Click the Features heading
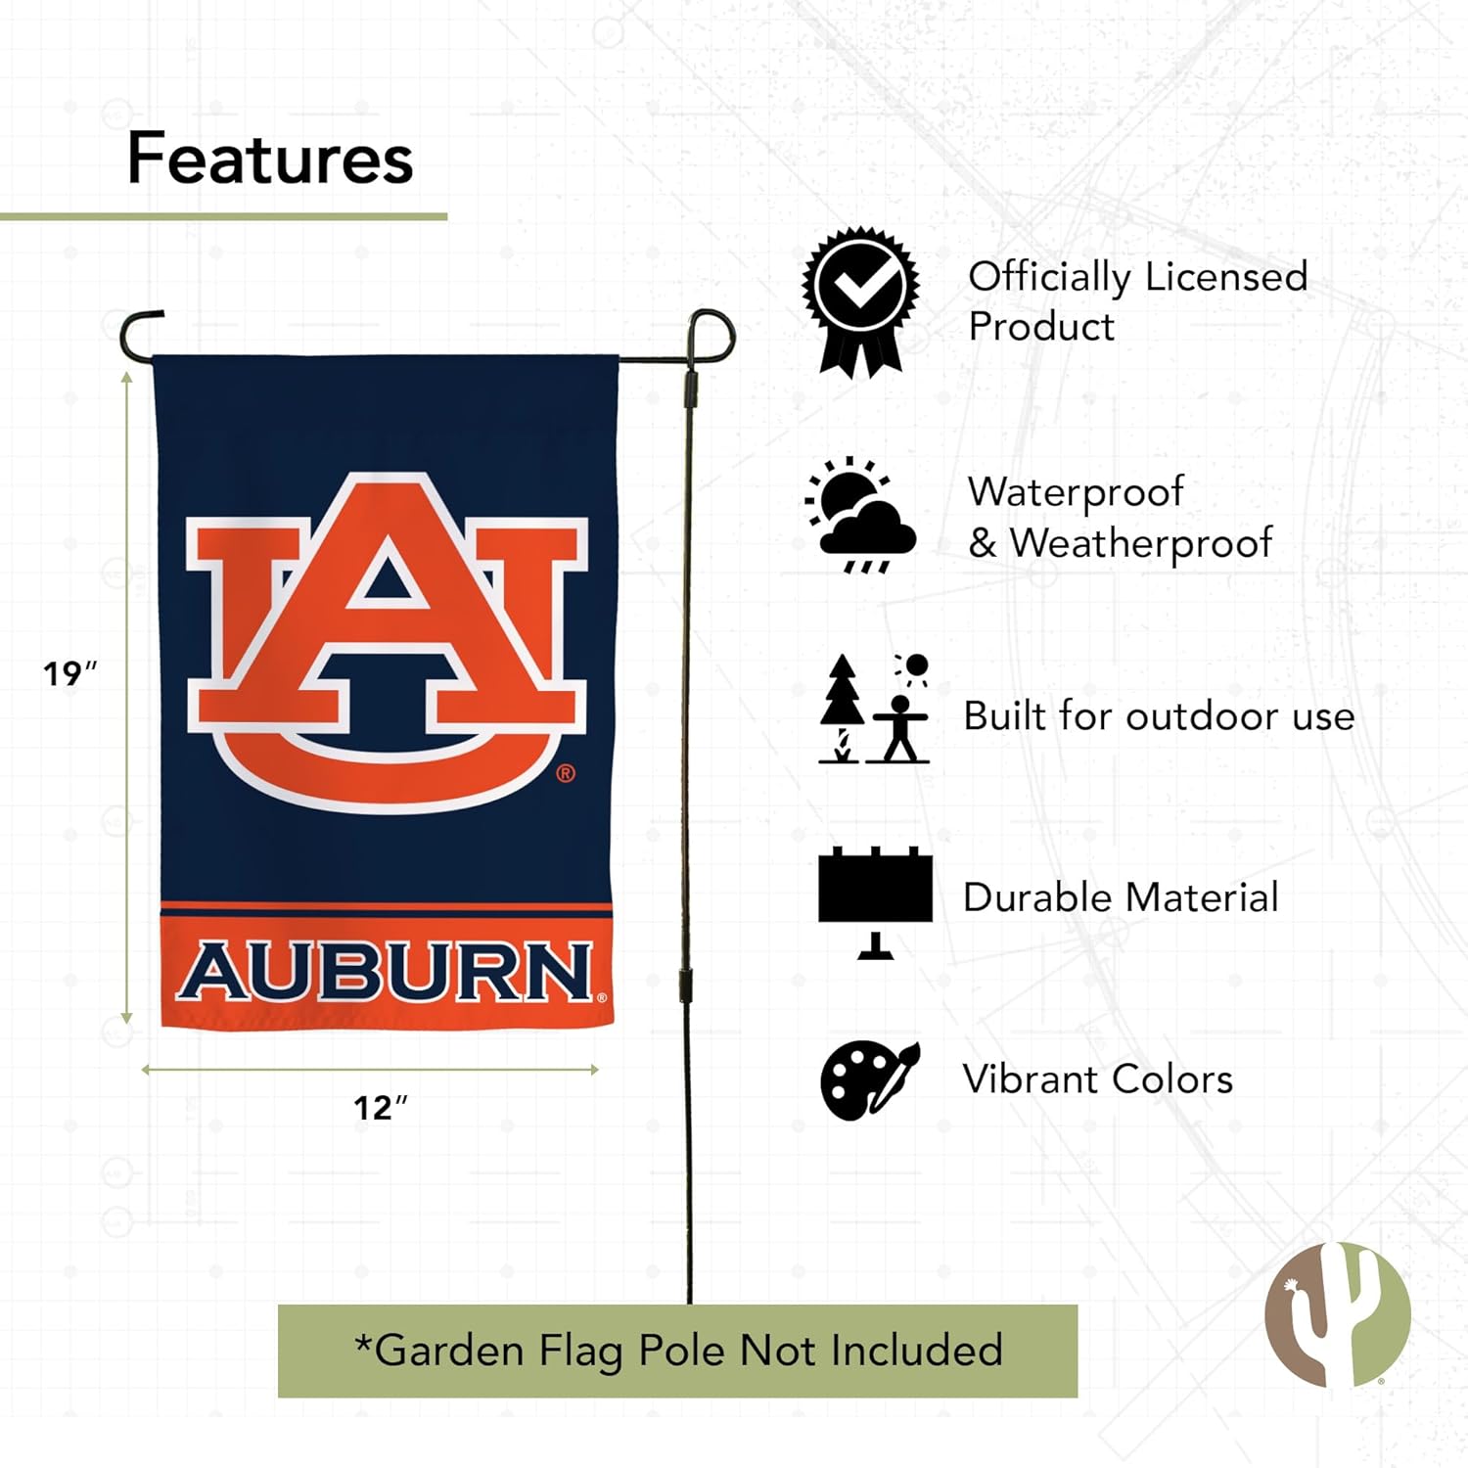(270, 159)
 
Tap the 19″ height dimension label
(69, 673)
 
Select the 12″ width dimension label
(379, 1108)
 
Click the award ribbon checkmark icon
(861, 301)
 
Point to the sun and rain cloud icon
(860, 516)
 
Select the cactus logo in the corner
(1338, 1313)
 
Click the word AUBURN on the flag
(387, 972)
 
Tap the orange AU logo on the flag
(388, 641)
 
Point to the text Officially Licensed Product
(1137, 301)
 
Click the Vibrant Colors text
(1097, 1079)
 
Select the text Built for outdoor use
(1159, 716)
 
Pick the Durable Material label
(1121, 897)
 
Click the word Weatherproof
(1141, 543)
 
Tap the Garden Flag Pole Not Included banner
(677, 1351)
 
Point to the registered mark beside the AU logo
(566, 774)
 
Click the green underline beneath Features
(223, 216)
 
